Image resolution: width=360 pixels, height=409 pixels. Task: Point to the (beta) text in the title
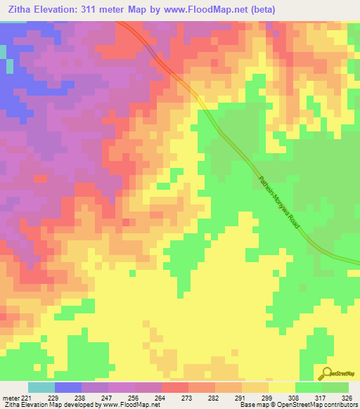coord(259,9)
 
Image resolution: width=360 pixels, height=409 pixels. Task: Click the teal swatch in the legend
coord(41,387)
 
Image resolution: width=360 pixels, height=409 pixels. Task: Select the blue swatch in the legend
coord(68,387)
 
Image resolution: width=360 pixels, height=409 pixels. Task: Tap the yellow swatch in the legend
coord(282,387)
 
